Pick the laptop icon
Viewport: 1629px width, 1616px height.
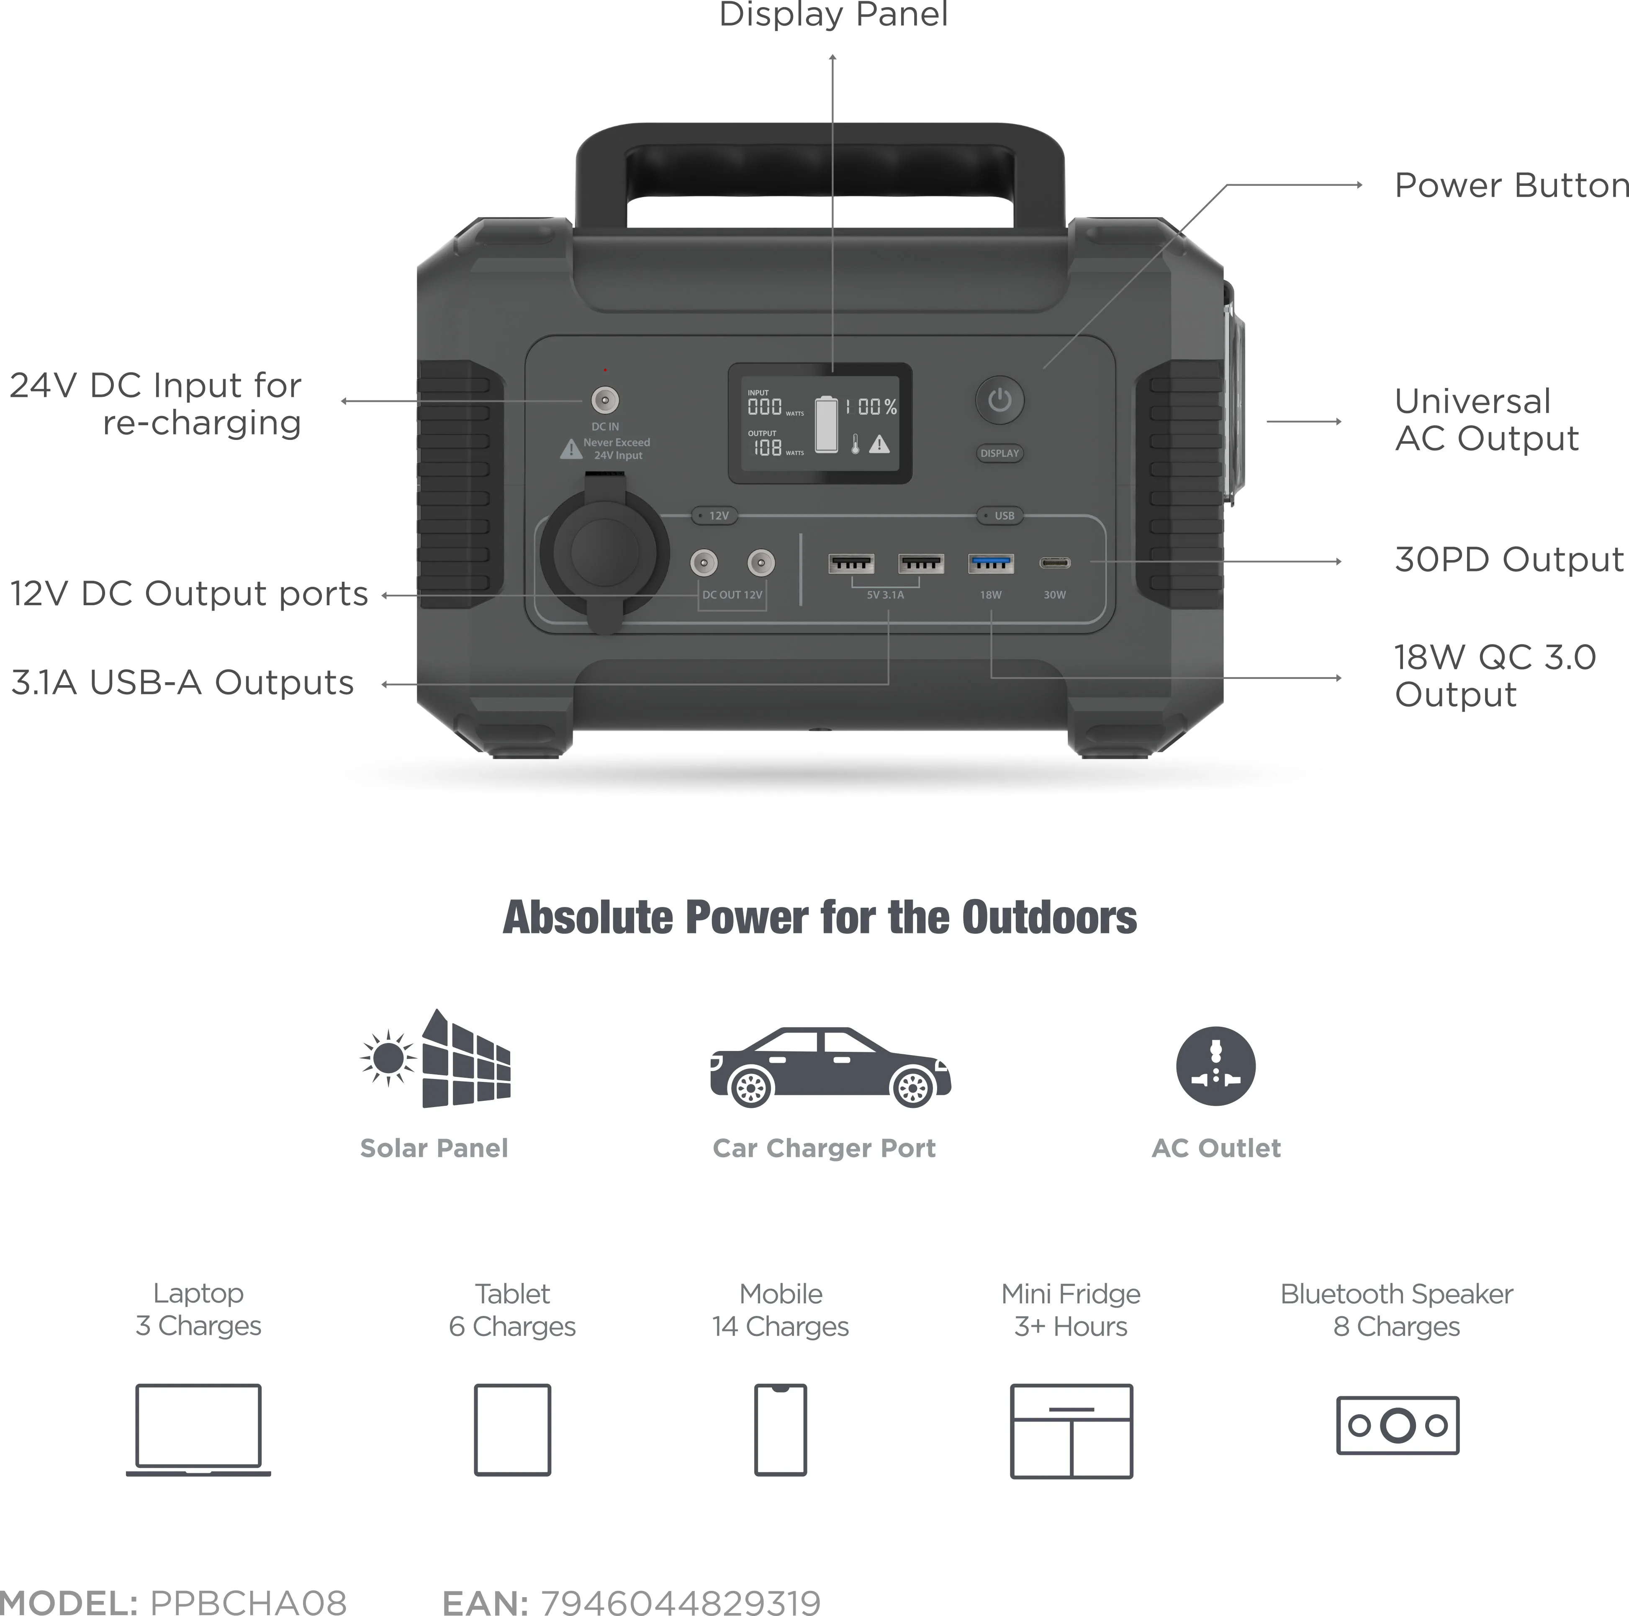[x=198, y=1430]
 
